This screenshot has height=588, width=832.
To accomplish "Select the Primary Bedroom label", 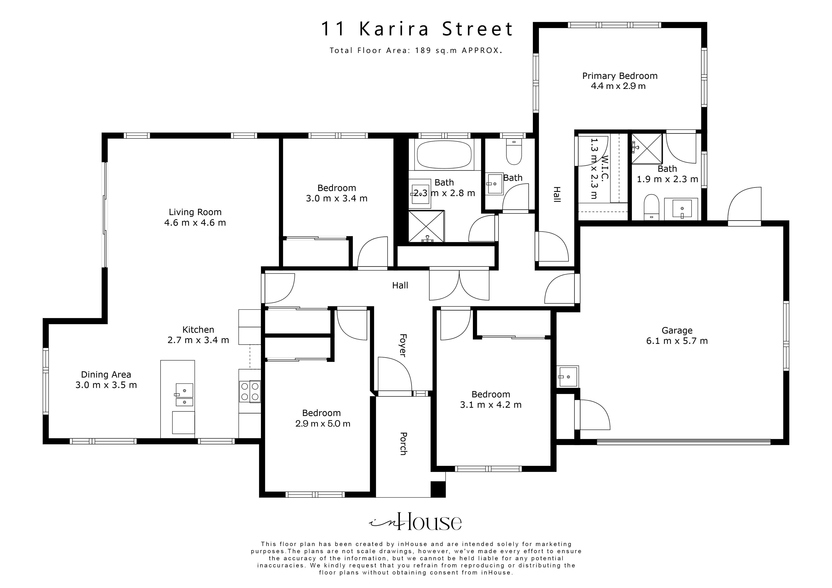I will [620, 76].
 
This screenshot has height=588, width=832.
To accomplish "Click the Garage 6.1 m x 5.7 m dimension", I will [677, 341].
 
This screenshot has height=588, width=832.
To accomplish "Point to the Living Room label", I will [195, 212].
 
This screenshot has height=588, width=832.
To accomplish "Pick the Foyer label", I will [402, 345].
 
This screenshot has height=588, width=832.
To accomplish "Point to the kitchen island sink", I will [185, 390].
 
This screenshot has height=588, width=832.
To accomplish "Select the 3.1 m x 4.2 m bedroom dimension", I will [491, 405].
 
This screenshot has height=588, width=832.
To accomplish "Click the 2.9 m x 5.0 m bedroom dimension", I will [323, 423].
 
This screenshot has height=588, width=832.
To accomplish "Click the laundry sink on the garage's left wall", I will [568, 377].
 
